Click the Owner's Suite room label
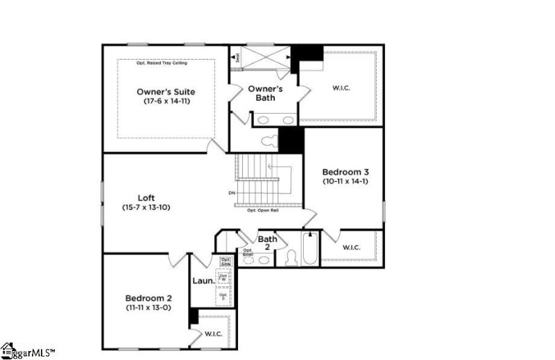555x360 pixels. pos(165,92)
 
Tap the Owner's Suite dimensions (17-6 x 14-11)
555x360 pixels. pos(165,101)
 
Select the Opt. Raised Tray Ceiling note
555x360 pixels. pos(165,63)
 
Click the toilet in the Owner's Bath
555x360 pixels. pos(268,142)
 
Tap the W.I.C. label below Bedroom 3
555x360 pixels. pos(351,248)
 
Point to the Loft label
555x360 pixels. pos(146,198)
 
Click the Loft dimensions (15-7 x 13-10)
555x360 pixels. pos(146,207)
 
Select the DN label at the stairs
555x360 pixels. pos(232,192)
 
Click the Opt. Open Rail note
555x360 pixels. pos(263,210)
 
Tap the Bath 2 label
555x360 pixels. pos(268,243)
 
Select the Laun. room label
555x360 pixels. pos(202,282)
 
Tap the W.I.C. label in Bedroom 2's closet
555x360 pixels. pos(213,334)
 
